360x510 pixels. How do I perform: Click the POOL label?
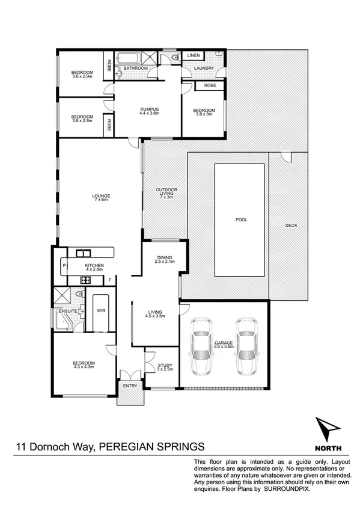click(242, 220)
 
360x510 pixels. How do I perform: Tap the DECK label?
click(291, 225)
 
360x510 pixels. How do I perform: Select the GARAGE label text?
click(223, 343)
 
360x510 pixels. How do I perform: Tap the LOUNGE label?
click(100, 196)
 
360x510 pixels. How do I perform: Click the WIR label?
click(100, 311)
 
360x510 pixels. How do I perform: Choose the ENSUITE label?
click(67, 311)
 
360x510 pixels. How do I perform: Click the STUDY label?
click(165, 365)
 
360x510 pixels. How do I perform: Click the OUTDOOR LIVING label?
click(165, 191)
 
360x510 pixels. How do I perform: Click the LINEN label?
click(193, 55)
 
